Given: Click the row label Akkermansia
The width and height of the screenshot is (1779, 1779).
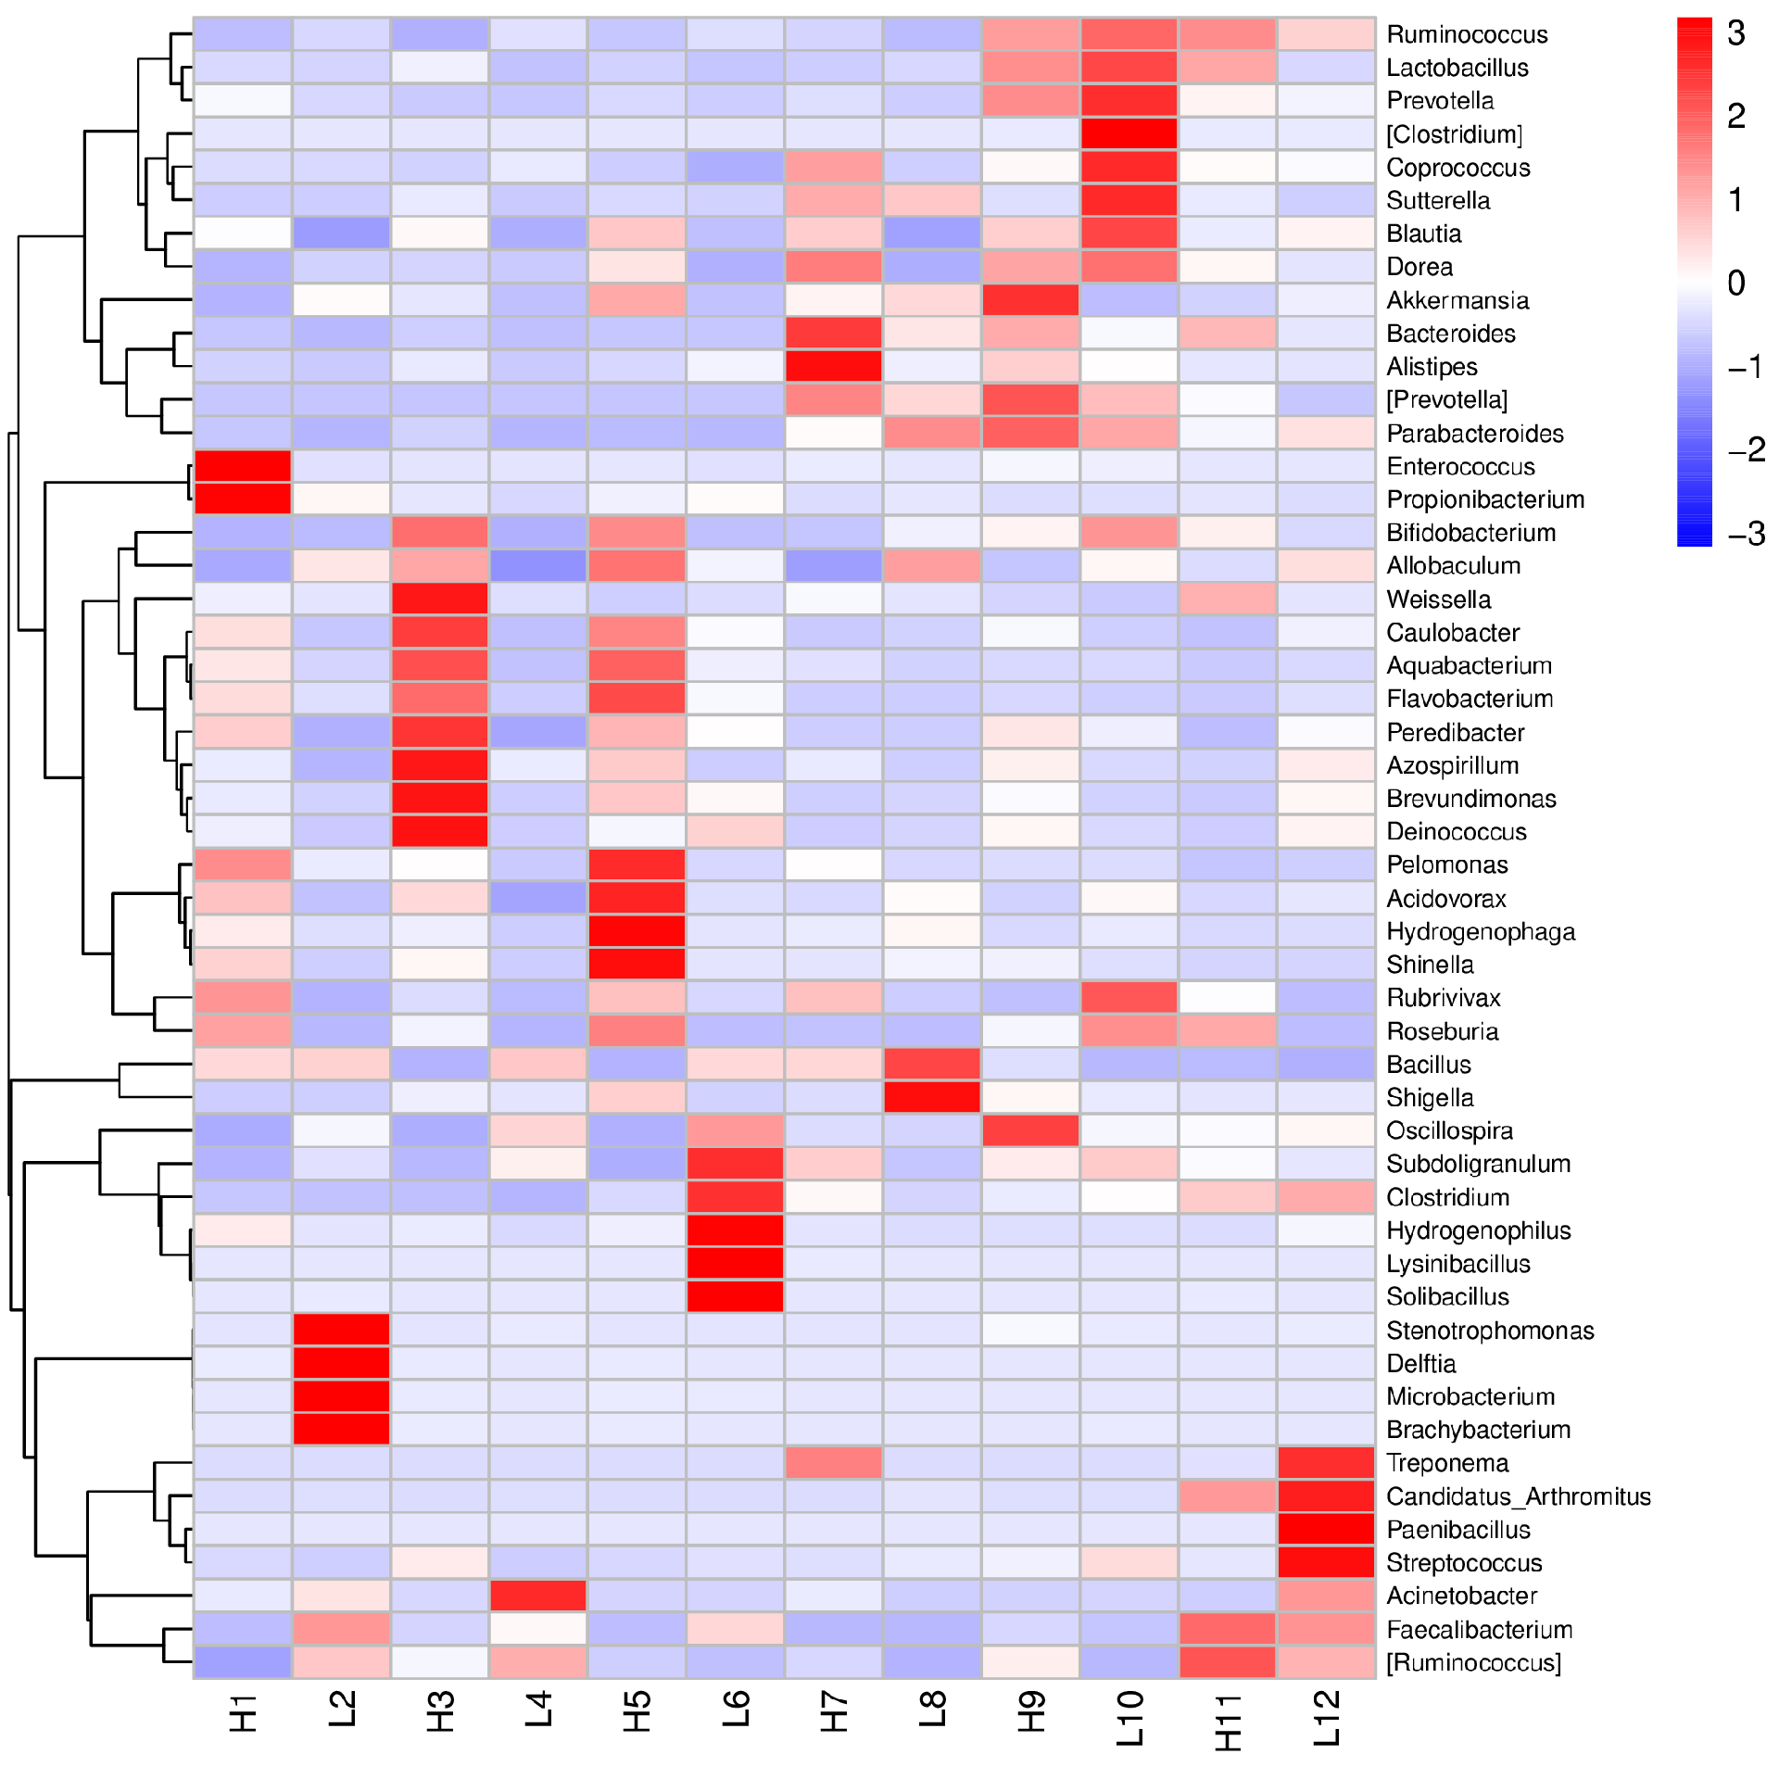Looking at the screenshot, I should point(1457,300).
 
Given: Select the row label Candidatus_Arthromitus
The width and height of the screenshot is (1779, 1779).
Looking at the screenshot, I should point(1518,1496).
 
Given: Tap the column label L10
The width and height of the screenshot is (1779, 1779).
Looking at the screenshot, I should point(1129,1719).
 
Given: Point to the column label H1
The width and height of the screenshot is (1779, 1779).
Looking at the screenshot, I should point(243,1713).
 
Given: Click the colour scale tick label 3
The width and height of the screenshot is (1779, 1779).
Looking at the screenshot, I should point(1736,33).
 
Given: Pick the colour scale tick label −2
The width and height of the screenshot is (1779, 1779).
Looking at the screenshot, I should point(1746,450).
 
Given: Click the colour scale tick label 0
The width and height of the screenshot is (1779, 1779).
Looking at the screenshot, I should point(1736,283).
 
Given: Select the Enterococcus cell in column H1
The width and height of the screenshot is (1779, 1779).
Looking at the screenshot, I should point(243,466).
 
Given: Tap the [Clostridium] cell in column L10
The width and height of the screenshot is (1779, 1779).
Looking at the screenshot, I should point(1129,133).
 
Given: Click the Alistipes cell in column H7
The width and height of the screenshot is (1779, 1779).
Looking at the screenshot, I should point(834,366).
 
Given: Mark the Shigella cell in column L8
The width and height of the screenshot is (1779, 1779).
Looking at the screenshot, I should point(932,1097).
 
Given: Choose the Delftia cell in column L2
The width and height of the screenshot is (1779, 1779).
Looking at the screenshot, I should point(341,1363).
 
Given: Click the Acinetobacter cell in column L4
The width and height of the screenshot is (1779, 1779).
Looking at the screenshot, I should point(538,1596).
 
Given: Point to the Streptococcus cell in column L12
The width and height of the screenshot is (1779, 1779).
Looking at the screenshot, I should point(1327,1562).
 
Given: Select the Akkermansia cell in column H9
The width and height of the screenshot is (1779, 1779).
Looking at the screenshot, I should point(1030,300).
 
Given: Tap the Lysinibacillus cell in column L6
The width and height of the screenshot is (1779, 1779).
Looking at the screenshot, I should point(736,1263).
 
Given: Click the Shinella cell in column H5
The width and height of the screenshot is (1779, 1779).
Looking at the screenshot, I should point(637,965).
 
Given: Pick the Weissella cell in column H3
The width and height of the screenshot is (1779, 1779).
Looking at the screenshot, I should point(440,599).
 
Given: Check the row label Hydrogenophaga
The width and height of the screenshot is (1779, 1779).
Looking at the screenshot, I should point(1480,931).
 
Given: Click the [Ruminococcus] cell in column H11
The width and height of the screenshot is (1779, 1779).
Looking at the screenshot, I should point(1228,1662).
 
